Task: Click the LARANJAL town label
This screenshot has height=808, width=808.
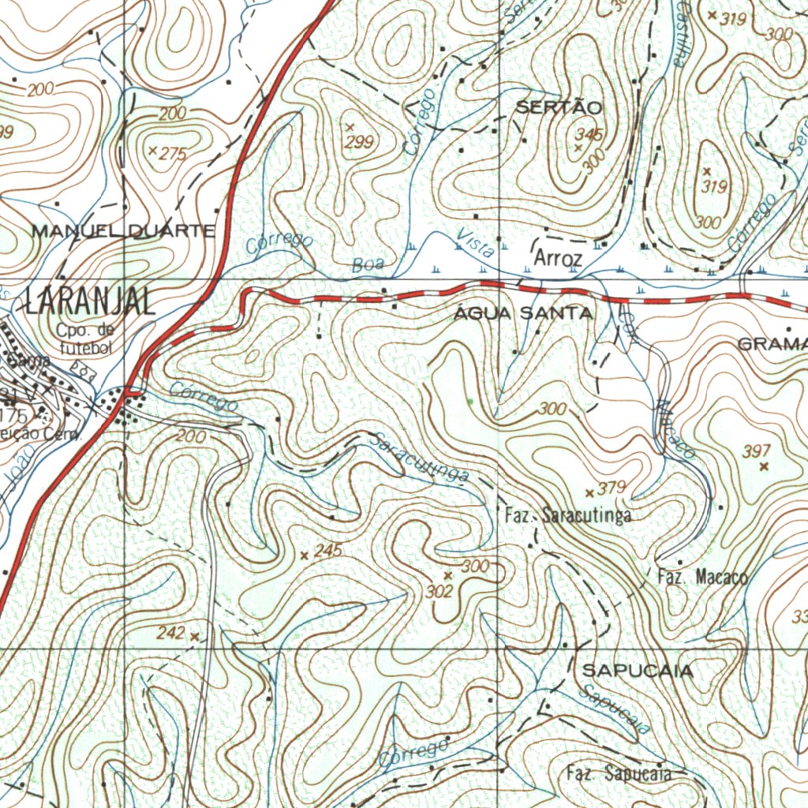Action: coord(89,301)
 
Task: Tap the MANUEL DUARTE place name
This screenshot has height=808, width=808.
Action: coord(123,231)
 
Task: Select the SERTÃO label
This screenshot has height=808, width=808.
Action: coord(559,107)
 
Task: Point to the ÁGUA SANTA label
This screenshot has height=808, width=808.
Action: coord(524,314)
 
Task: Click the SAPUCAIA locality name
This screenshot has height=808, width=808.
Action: coord(638,671)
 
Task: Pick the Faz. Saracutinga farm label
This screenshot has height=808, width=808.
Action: coord(567,516)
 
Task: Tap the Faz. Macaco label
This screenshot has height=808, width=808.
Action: coord(702,577)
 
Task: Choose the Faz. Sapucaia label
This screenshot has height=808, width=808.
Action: coord(618,773)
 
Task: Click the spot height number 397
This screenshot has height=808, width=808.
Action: coord(756,451)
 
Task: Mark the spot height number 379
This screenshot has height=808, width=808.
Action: coord(612,488)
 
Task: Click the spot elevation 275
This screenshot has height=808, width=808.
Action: coord(173,154)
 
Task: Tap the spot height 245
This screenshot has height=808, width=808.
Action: coord(327,551)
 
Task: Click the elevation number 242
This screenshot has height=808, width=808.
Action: coord(170,633)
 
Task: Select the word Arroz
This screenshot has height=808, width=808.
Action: coord(558,259)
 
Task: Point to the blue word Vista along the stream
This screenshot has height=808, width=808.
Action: coord(476,245)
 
